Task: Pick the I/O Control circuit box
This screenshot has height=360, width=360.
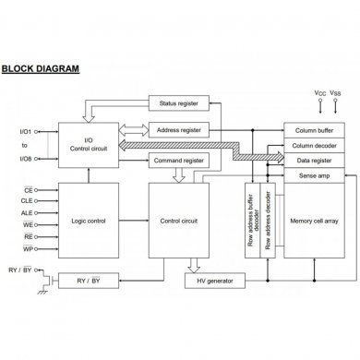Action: (88, 145)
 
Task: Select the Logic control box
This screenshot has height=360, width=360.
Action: (88, 222)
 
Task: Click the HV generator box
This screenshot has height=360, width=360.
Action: (209, 281)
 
